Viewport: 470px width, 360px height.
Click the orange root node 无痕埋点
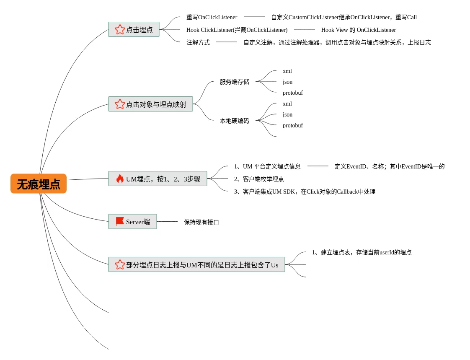click(x=39, y=184)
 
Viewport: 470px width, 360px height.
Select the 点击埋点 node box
click(x=134, y=29)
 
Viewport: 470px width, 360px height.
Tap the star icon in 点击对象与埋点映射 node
click(x=120, y=104)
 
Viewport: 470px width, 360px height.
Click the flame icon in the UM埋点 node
click(x=120, y=179)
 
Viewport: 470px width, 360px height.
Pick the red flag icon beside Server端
click(x=120, y=221)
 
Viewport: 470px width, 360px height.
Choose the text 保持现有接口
click(x=201, y=222)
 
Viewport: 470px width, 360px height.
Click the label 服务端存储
click(x=234, y=82)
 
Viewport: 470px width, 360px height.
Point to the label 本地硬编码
click(x=234, y=121)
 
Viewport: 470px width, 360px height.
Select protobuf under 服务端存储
click(x=292, y=93)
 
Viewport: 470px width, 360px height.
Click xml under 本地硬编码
click(x=287, y=104)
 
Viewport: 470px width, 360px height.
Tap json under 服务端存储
click(x=287, y=82)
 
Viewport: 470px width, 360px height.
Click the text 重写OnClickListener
click(x=212, y=17)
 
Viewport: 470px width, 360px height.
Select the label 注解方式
click(x=198, y=42)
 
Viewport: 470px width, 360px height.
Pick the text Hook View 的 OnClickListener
click(x=358, y=30)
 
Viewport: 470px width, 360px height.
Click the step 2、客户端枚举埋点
click(x=259, y=179)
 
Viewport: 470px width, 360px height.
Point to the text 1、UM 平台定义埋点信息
click(x=267, y=166)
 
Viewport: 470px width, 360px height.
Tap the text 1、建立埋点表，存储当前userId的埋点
click(x=362, y=252)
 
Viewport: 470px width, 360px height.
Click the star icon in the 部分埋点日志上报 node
click(x=120, y=264)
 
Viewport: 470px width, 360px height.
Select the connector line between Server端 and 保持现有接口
click(x=167, y=221)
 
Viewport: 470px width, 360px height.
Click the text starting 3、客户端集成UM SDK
click(x=305, y=192)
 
